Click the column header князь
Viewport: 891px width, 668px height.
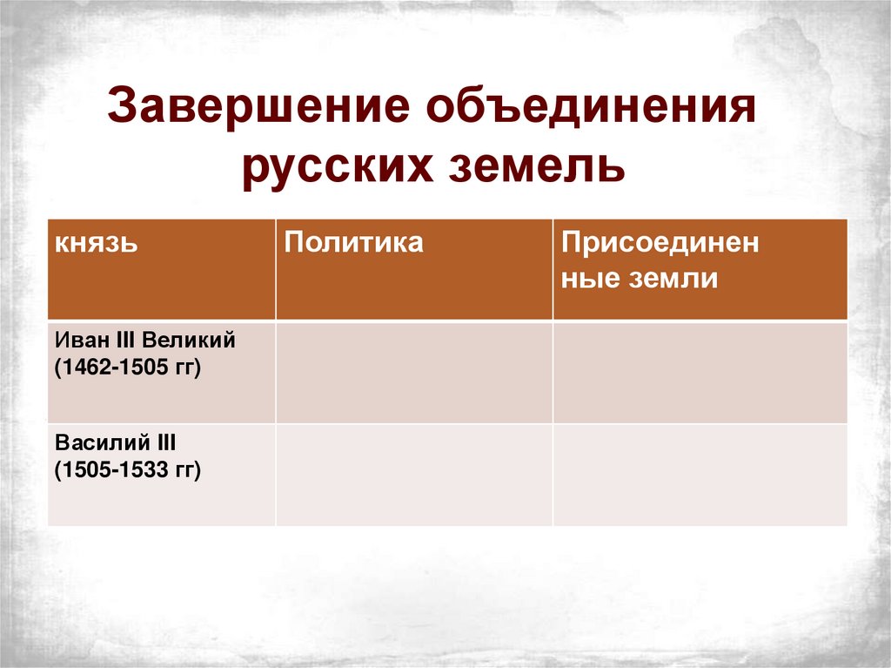coord(97,243)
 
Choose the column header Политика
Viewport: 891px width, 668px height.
coord(353,242)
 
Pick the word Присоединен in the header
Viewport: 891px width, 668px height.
coord(660,243)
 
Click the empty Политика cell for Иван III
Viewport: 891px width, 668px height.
coord(413,372)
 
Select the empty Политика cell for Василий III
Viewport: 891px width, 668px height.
coord(413,475)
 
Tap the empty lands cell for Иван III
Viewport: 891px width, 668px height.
coord(700,372)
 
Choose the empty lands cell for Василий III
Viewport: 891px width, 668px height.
coord(700,475)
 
